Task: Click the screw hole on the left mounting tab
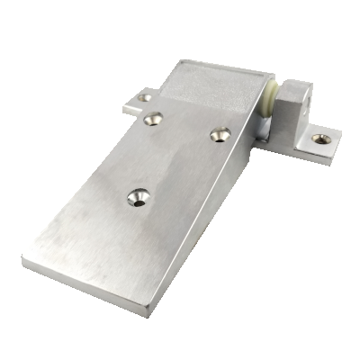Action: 146,97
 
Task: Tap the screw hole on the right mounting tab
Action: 320,139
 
